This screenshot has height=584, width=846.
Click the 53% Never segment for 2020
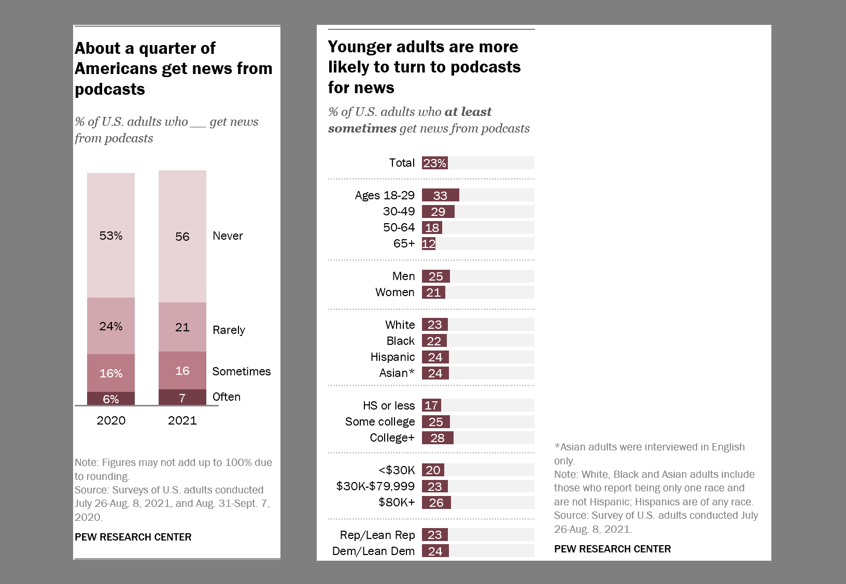(x=111, y=236)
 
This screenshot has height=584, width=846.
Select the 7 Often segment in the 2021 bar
(x=182, y=397)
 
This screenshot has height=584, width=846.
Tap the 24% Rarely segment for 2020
(x=111, y=326)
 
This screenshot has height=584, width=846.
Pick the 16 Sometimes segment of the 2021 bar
(x=182, y=371)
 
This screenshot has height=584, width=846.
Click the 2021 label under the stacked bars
(x=182, y=420)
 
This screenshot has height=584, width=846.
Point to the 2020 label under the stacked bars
(x=111, y=420)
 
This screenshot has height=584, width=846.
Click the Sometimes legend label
(x=242, y=371)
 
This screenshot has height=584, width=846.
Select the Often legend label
(x=227, y=397)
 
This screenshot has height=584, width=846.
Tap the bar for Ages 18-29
(x=440, y=195)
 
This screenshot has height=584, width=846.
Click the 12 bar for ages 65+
(x=429, y=243)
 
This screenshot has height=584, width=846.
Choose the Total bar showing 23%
(x=434, y=163)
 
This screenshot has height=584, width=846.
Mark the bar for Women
(x=433, y=293)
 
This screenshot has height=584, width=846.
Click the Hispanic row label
(x=392, y=357)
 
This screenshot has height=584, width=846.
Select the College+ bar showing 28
(x=438, y=438)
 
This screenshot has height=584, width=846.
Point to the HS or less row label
(x=389, y=405)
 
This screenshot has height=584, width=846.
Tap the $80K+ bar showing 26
(x=436, y=502)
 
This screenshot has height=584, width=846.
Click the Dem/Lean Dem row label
(x=373, y=551)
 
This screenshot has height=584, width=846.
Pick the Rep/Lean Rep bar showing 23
(x=434, y=535)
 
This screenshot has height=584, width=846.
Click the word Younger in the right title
(x=360, y=47)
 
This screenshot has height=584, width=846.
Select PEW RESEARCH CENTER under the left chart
(x=133, y=537)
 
